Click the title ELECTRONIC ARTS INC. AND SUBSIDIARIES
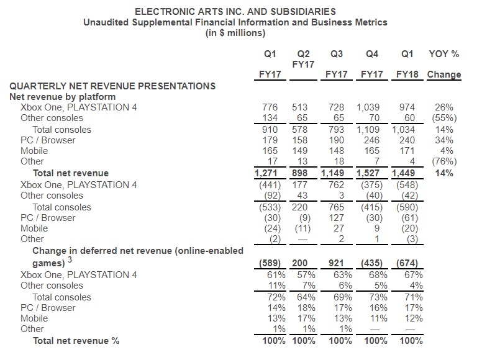point(235,11)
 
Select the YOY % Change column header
point(444,64)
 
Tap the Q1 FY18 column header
point(408,64)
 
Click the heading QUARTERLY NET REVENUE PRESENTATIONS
point(112,86)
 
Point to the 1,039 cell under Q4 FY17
point(368,107)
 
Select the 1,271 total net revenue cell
point(268,173)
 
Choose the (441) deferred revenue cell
point(270,184)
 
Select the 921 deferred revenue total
point(335,263)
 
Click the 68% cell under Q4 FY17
point(374,274)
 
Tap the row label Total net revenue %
point(76,341)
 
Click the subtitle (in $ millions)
point(235,32)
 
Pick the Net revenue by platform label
point(62,96)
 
